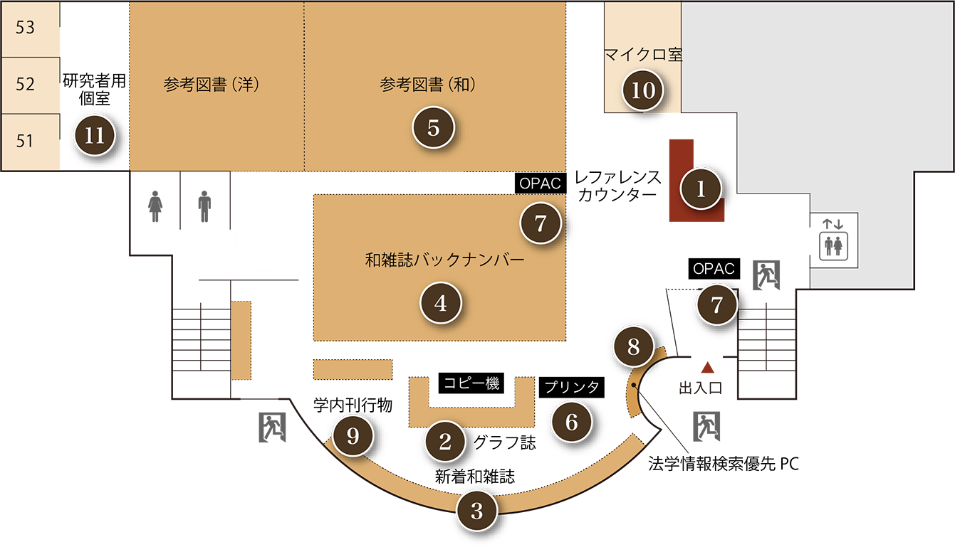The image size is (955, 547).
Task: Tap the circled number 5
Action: tap(434, 128)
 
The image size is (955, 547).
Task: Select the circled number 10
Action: tap(643, 90)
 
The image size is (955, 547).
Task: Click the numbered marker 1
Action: tap(701, 189)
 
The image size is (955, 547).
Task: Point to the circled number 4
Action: tap(441, 304)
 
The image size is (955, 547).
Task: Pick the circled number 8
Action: tap(633, 347)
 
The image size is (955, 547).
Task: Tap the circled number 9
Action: tap(353, 436)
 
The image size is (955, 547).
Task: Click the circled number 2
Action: tap(445, 442)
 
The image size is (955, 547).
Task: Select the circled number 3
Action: tap(477, 511)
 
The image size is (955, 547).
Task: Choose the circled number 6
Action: tap(572, 422)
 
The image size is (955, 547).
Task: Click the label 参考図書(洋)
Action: tap(211, 85)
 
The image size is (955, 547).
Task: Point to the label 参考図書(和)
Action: tap(427, 85)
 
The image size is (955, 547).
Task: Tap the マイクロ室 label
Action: tap(643, 55)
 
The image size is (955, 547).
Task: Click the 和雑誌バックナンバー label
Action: tap(444, 260)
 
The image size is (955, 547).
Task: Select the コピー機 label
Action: tap(471, 383)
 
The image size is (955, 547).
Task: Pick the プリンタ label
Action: tap(572, 387)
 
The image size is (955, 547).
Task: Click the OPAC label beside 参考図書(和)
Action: tap(540, 184)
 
